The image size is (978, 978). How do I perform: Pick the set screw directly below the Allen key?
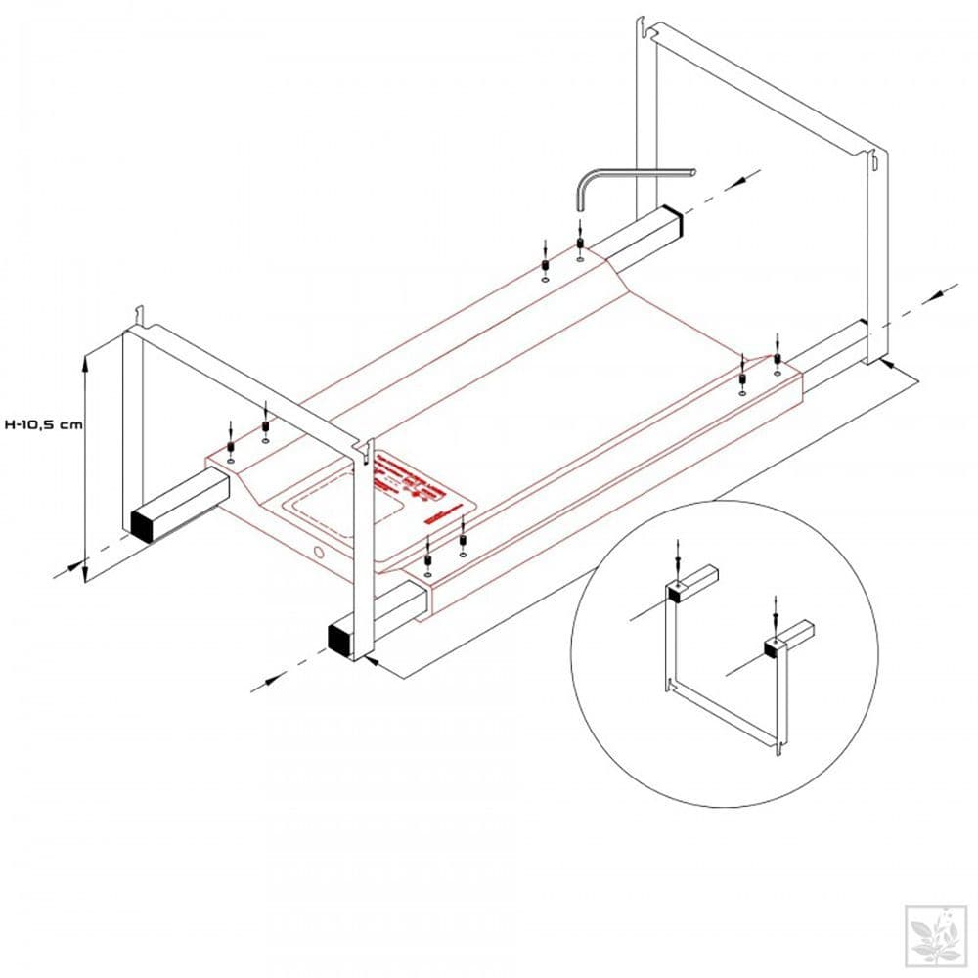coord(580,244)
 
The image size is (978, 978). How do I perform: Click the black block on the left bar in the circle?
coord(675,590)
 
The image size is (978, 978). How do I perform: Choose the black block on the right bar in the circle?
coord(773,645)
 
